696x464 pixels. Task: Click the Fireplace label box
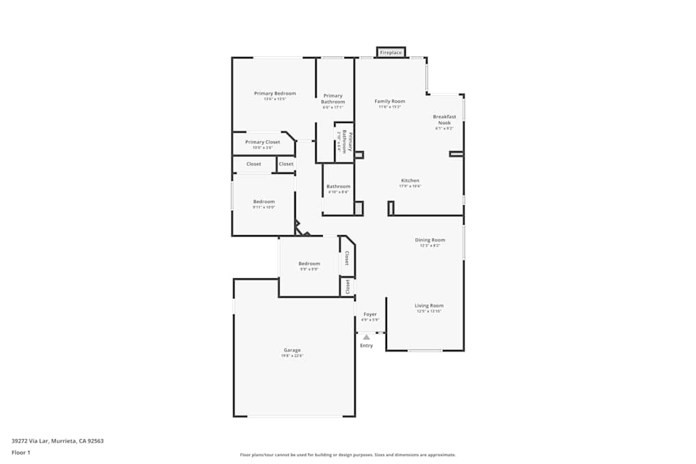tap(390, 53)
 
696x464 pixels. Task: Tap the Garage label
tap(292, 350)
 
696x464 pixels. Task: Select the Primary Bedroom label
tap(275, 93)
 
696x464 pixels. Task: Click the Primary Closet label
tap(262, 142)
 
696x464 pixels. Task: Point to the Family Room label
tap(390, 101)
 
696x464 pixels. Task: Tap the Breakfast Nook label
tap(444, 120)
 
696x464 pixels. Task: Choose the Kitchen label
tap(410, 180)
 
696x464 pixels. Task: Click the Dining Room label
tap(430, 240)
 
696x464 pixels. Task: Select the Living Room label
tap(429, 305)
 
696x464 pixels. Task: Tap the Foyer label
tap(370, 314)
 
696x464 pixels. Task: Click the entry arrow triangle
tap(366, 337)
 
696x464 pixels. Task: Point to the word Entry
tap(366, 346)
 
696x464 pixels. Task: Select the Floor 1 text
tap(21, 452)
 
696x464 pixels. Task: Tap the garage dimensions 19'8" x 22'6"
tap(292, 355)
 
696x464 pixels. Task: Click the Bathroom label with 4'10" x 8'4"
tap(339, 186)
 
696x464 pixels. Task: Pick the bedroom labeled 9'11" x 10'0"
tap(264, 202)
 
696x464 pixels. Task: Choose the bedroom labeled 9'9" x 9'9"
tap(309, 264)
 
